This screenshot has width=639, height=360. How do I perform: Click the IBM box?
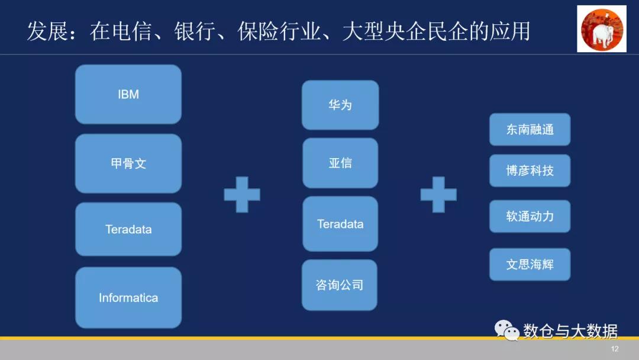[x=128, y=94]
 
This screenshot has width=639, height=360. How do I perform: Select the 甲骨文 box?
[x=128, y=163]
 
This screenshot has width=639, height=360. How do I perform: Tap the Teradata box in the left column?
[x=128, y=229]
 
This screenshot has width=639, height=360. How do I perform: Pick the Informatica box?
[x=128, y=297]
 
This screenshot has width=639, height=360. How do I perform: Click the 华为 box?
[x=340, y=105]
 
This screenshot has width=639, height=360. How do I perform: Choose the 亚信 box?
[x=340, y=163]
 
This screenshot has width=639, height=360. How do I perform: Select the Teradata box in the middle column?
[x=340, y=224]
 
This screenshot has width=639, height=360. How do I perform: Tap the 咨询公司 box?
[x=340, y=285]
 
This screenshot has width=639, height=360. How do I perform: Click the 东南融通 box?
[x=530, y=129]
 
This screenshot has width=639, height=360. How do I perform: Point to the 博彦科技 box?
[x=530, y=171]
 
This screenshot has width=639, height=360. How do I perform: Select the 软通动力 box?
[x=530, y=216]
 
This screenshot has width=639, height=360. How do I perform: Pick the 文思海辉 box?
[x=530, y=264]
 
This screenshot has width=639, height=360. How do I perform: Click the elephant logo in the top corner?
[x=601, y=29]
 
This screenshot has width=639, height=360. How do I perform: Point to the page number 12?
[x=615, y=349]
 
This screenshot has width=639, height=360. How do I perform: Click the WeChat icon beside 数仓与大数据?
[x=506, y=331]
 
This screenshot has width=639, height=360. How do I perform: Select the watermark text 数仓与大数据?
[x=570, y=331]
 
